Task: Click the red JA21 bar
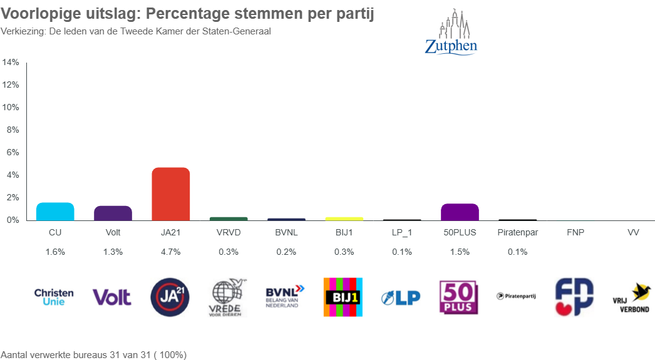pyautogui.click(x=171, y=194)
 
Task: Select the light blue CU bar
pyautogui.click(x=55, y=212)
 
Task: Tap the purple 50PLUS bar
pyautogui.click(x=460, y=212)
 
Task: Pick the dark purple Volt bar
pyautogui.click(x=113, y=213)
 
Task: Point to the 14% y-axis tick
pyautogui.click(x=11, y=63)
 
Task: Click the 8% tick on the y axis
pyautogui.click(x=13, y=130)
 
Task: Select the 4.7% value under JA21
pyautogui.click(x=170, y=252)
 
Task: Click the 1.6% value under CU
pyautogui.click(x=54, y=252)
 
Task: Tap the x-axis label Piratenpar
pyautogui.click(x=517, y=232)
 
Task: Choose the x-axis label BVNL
pyautogui.click(x=286, y=232)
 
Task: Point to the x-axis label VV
pyautogui.click(x=633, y=232)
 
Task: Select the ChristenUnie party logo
pyautogui.click(x=54, y=297)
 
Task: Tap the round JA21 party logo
pyautogui.click(x=170, y=297)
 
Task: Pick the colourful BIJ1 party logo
pyautogui.click(x=343, y=297)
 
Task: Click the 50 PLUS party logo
pyautogui.click(x=459, y=297)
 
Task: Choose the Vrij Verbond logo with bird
pyautogui.click(x=631, y=297)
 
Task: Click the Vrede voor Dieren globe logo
pyautogui.click(x=229, y=297)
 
